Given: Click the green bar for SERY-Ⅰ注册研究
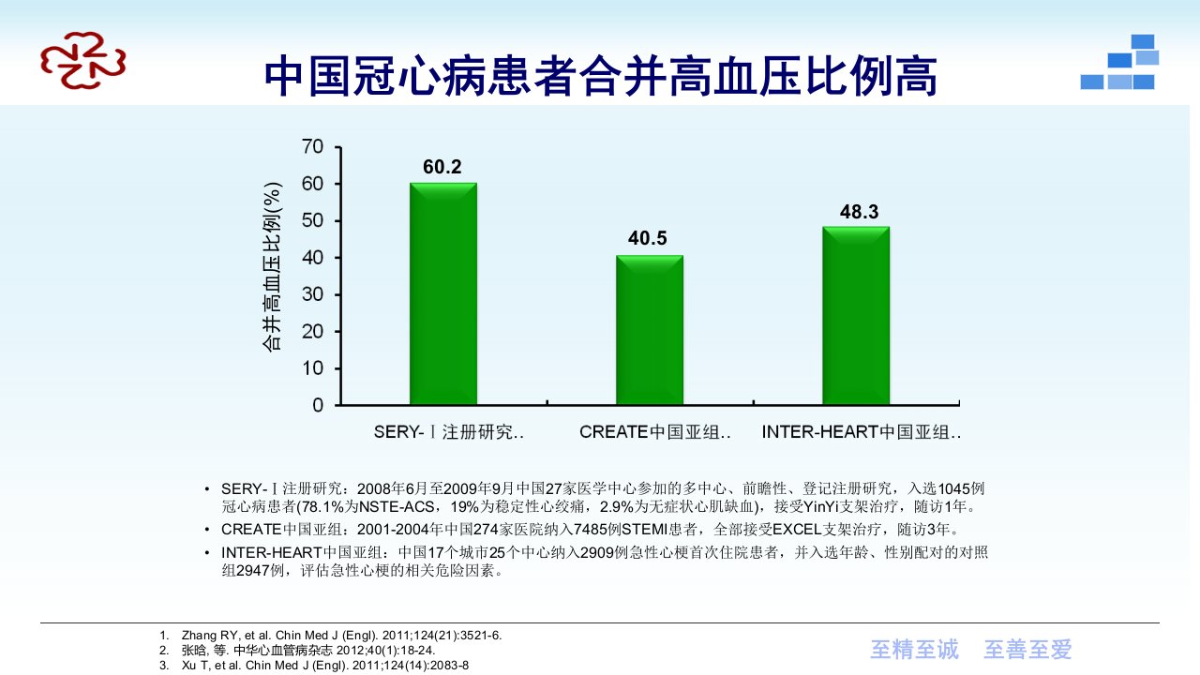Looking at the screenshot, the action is pyautogui.click(x=443, y=293).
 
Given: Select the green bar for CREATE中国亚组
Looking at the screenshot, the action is pyautogui.click(x=650, y=330).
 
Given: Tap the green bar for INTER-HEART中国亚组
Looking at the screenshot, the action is pyautogui.click(x=856, y=316).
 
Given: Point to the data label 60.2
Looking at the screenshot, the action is pyautogui.click(x=442, y=167).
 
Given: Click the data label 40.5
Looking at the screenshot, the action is pyautogui.click(x=647, y=238).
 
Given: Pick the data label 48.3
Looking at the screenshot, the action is pyautogui.click(x=859, y=212).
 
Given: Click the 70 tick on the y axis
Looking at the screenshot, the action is pyautogui.click(x=312, y=146).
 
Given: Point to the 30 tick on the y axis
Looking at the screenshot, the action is pyautogui.click(x=312, y=294).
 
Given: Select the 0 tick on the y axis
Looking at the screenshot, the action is pyautogui.click(x=318, y=405).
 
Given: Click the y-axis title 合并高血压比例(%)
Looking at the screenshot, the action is pyautogui.click(x=272, y=267).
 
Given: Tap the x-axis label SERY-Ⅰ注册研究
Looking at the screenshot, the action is pyautogui.click(x=448, y=432).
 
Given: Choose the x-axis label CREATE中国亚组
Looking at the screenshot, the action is pyautogui.click(x=654, y=432).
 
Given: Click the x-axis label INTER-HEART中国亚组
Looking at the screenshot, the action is pyautogui.click(x=861, y=432).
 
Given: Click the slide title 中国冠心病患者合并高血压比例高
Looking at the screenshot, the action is pyautogui.click(x=601, y=77).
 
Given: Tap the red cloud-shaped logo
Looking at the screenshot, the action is pyautogui.click(x=83, y=60).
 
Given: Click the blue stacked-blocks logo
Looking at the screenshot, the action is pyautogui.click(x=1119, y=62).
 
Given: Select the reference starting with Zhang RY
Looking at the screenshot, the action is pyautogui.click(x=341, y=636).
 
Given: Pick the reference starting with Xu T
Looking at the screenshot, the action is pyautogui.click(x=325, y=666).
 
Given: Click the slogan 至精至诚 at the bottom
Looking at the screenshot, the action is pyautogui.click(x=914, y=650).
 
